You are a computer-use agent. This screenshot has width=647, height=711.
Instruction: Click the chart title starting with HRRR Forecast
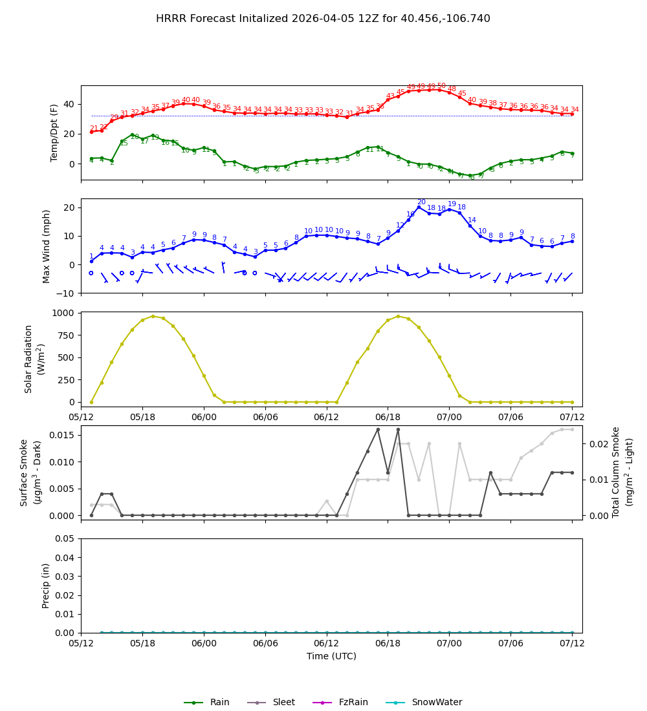click(323, 19)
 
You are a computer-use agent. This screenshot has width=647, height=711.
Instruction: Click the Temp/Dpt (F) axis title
click(54, 133)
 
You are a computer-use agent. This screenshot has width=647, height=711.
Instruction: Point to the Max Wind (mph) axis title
click(47, 246)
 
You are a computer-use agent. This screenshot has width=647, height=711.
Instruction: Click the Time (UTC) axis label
click(331, 656)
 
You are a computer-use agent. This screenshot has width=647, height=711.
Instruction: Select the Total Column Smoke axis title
click(616, 472)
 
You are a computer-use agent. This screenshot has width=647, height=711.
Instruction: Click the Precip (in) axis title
click(47, 585)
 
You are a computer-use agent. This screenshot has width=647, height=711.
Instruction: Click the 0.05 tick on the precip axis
click(66, 539)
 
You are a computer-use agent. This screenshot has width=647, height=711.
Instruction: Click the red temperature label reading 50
click(441, 86)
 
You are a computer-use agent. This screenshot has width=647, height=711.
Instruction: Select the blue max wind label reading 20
click(421, 202)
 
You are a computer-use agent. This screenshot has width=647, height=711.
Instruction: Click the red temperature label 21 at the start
click(94, 129)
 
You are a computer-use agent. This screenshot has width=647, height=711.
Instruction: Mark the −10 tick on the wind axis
click(67, 293)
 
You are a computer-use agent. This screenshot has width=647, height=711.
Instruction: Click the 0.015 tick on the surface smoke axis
click(63, 435)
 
